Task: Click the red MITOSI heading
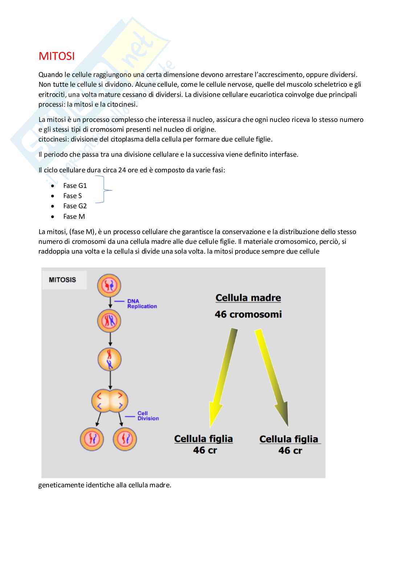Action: (x=57, y=56)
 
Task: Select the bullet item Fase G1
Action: (x=75, y=185)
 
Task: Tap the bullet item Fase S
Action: (x=72, y=196)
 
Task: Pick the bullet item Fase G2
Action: (x=75, y=206)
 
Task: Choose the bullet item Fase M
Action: (x=74, y=216)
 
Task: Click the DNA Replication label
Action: (x=142, y=304)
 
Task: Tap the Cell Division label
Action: (x=148, y=416)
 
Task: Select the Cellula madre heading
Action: (x=248, y=298)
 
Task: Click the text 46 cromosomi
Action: (x=248, y=314)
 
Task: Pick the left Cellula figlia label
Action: (x=204, y=439)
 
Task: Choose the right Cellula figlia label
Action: (x=289, y=439)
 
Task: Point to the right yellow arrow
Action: (x=273, y=377)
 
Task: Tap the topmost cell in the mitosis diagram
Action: (x=109, y=286)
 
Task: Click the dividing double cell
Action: (x=110, y=401)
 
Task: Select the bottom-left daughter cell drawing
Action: (x=92, y=439)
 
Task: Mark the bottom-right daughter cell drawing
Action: (x=125, y=439)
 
